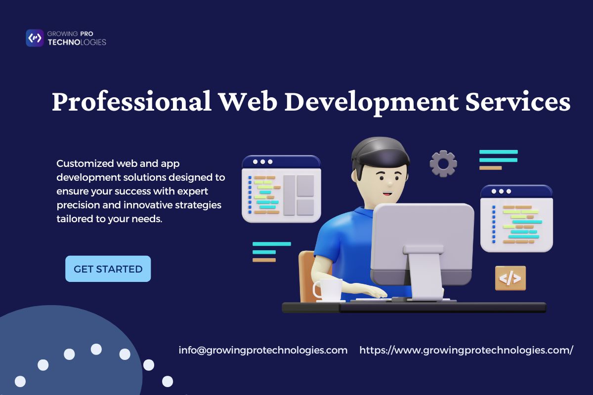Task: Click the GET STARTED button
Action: tap(108, 269)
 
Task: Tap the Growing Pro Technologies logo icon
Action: tap(35, 38)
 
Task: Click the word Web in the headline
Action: tap(248, 102)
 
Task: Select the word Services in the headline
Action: tap(518, 102)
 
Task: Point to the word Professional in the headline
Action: tap(131, 102)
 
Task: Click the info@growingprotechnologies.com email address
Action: tap(263, 350)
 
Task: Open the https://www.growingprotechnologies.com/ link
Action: tap(466, 350)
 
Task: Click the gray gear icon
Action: tap(443, 164)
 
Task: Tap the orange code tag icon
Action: tap(510, 278)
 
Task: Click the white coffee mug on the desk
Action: tap(328, 290)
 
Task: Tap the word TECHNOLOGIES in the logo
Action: tap(77, 42)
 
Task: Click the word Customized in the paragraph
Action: tap(85, 163)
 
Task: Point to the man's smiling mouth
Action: tap(388, 194)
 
